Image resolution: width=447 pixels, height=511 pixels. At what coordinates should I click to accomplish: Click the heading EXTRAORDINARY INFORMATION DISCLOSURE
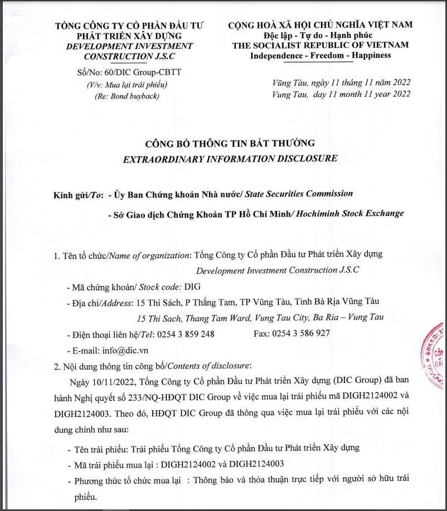coord(230,158)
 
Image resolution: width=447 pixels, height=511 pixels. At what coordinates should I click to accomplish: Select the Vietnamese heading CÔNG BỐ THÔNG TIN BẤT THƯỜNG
coord(230,143)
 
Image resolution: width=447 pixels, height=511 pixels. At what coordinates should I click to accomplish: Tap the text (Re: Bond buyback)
coord(127,96)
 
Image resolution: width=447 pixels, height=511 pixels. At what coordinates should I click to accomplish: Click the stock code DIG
coord(191,287)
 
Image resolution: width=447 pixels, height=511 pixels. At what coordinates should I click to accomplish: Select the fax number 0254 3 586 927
coord(300,333)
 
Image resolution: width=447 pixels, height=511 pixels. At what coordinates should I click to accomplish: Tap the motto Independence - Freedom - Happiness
coord(320,55)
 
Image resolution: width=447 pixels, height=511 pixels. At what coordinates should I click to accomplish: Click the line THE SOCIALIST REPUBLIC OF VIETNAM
coord(320,45)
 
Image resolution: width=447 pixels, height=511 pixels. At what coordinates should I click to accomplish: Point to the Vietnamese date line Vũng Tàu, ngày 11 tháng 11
coord(342,82)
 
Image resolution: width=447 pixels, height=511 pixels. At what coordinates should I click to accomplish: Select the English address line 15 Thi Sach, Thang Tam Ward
coord(260,318)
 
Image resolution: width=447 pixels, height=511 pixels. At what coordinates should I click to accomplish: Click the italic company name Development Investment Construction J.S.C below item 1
coord(278,270)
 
